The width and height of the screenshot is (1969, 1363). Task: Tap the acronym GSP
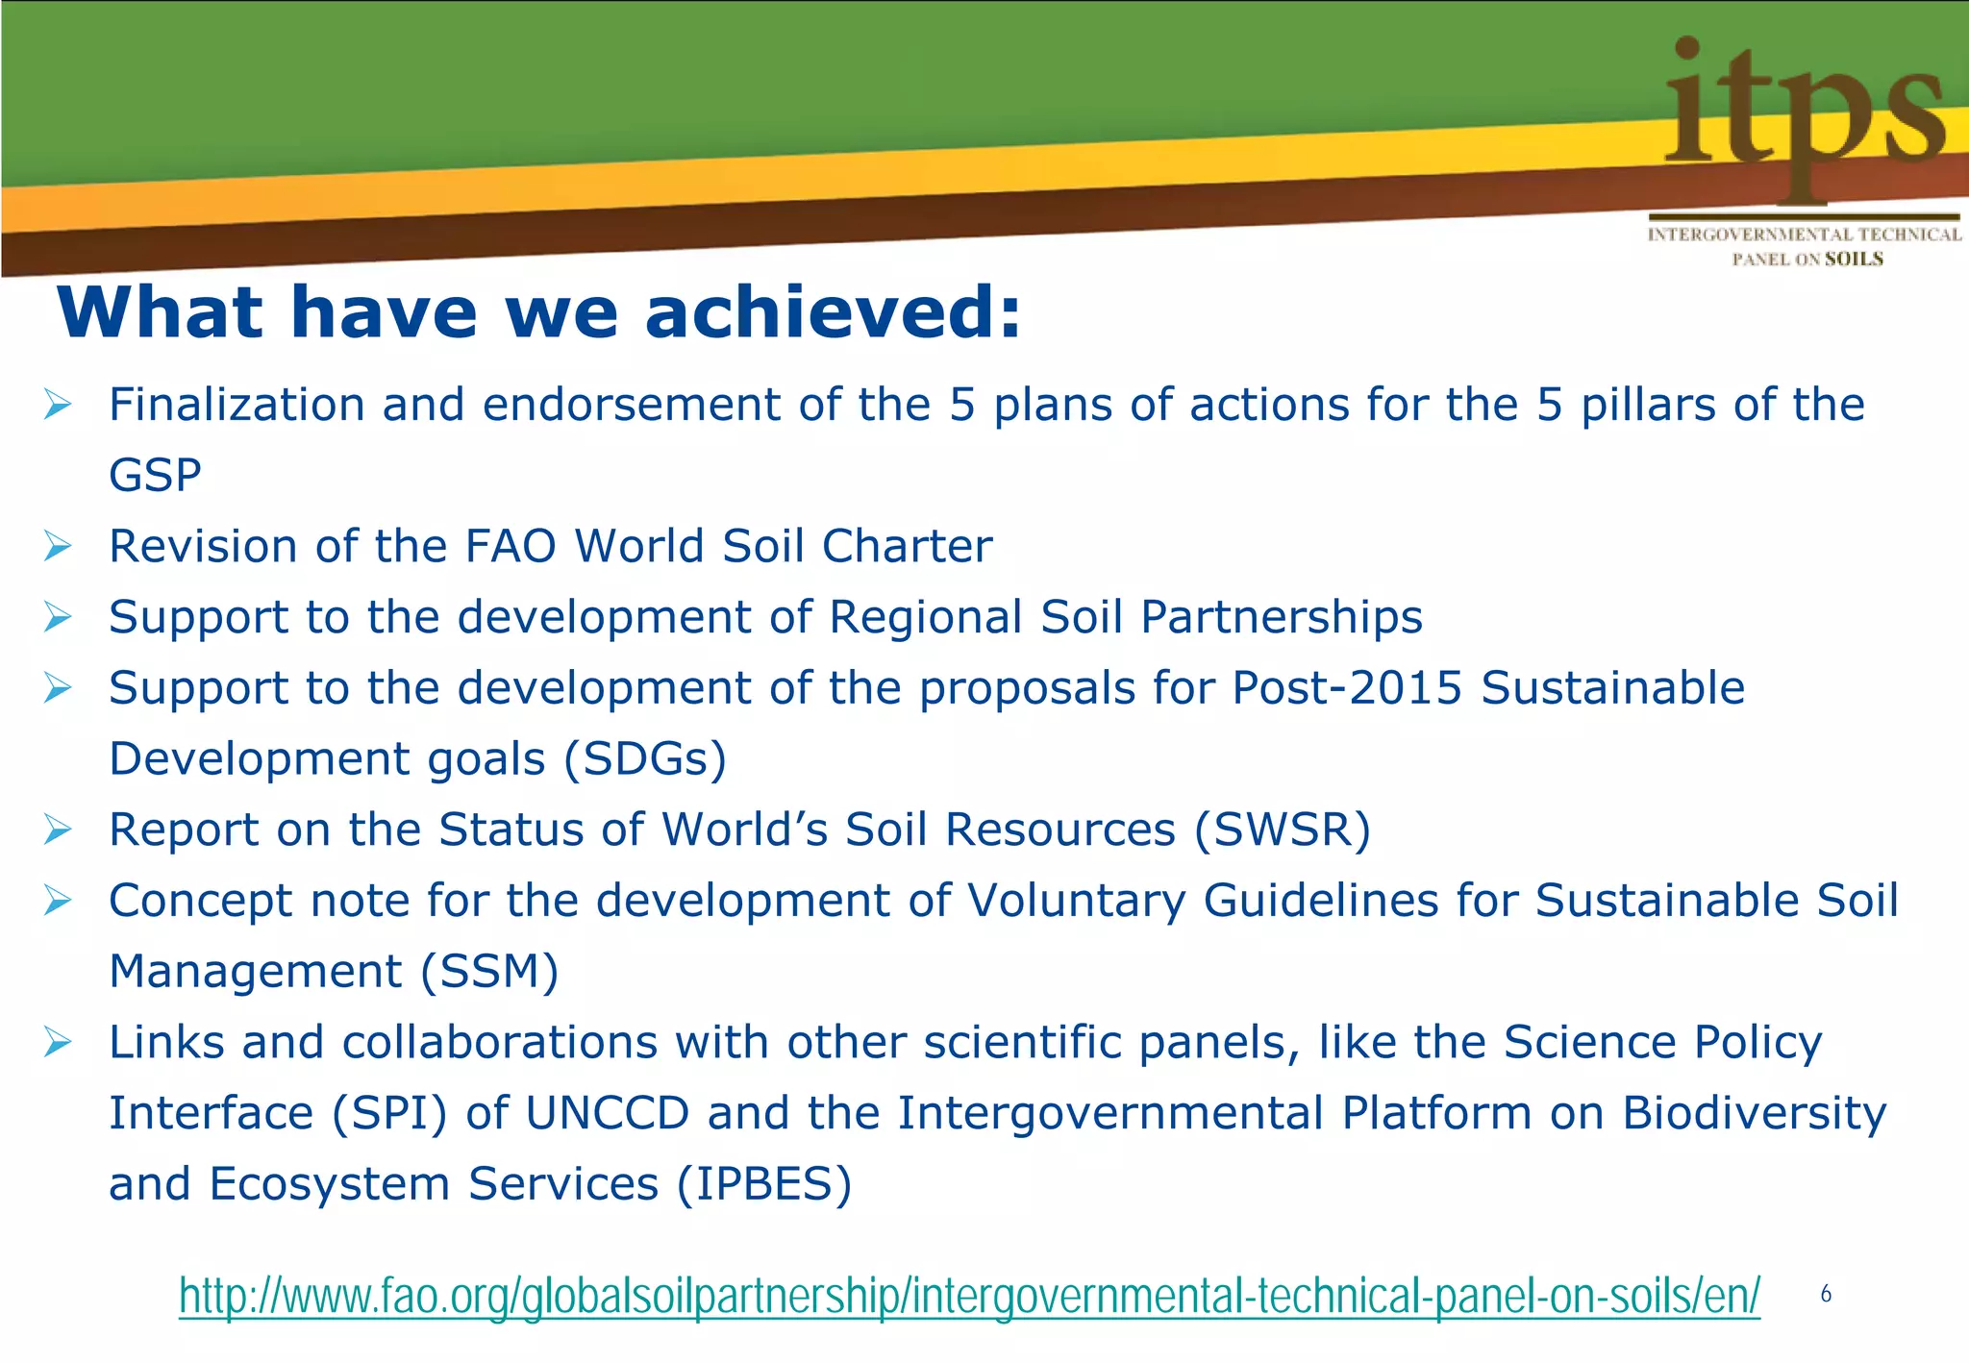coord(155,475)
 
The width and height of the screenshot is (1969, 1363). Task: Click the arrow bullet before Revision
coord(58,546)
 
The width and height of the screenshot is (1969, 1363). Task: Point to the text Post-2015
coord(1347,688)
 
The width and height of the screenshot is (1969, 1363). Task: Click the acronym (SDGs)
coord(644,759)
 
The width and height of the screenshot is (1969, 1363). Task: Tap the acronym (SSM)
coord(489,971)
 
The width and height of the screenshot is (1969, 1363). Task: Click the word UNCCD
coord(607,1113)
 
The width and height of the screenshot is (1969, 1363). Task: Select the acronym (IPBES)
coord(764,1184)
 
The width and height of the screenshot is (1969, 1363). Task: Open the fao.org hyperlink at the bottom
coord(969,1296)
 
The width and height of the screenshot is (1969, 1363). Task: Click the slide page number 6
coord(1825,1295)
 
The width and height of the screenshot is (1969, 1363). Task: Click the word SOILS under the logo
coord(1854,259)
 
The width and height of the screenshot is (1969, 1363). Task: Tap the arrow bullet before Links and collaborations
coord(58,1042)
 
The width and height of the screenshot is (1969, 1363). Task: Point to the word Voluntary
coord(1076,901)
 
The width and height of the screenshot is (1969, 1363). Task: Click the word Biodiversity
coord(1755,1113)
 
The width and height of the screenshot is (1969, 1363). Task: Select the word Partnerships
coord(1281,617)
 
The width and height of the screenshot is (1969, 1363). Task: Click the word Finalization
coord(237,404)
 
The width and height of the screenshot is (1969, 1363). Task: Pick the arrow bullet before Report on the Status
coord(58,830)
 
